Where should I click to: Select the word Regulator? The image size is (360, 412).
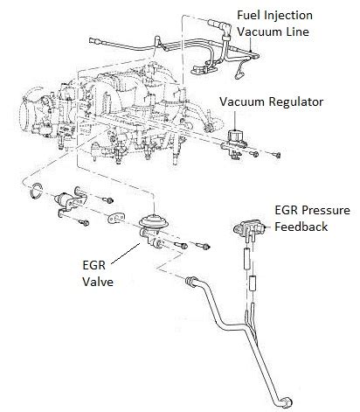(x=296, y=102)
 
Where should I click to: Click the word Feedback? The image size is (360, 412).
(x=301, y=227)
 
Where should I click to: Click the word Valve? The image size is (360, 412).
(x=98, y=282)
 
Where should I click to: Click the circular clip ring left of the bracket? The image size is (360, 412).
(x=32, y=191)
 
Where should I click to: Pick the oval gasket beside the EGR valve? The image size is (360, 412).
(x=117, y=218)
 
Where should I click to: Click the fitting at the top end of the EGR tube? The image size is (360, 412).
(x=190, y=281)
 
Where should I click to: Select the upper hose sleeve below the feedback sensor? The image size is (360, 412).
(x=247, y=259)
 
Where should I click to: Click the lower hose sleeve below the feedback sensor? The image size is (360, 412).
(x=253, y=283)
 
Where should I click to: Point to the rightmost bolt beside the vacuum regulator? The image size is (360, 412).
(x=277, y=154)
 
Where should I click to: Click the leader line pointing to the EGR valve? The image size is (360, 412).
(x=126, y=253)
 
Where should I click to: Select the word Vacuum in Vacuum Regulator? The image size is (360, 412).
(x=242, y=102)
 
